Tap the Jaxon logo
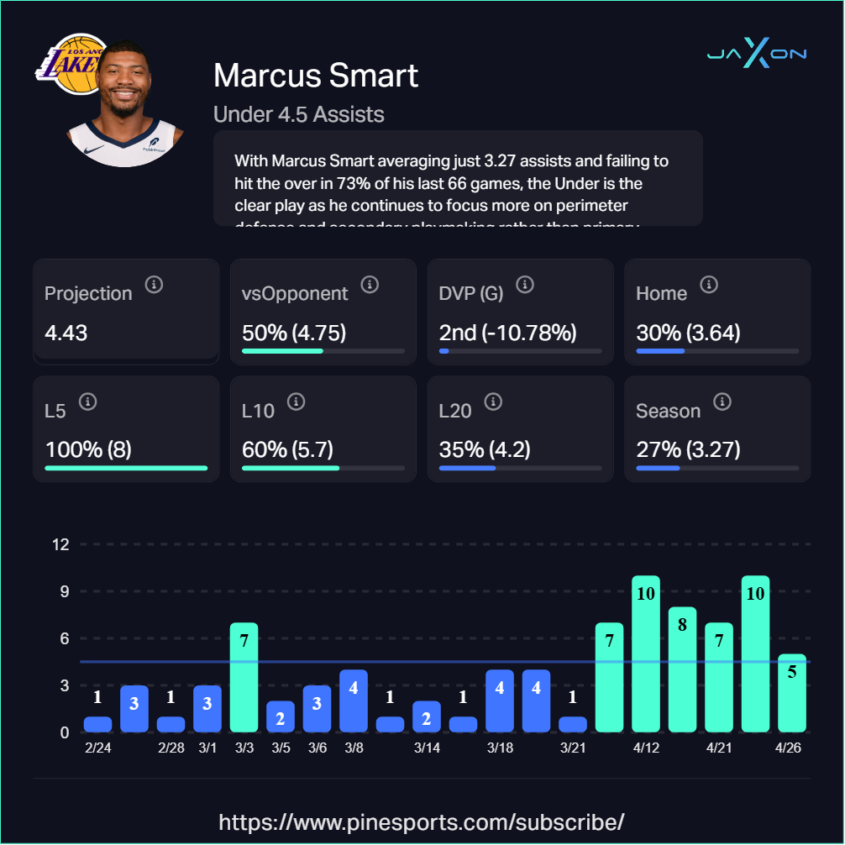point(756,54)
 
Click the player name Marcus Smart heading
point(316,76)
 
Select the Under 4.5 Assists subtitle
point(299,114)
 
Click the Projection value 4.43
point(66,333)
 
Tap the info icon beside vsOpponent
point(370,285)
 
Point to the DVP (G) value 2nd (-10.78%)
point(507,333)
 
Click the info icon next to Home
point(709,285)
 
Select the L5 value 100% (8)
point(88,450)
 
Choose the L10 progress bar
point(323,468)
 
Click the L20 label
point(455,411)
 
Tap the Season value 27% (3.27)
point(688,450)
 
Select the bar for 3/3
point(244,677)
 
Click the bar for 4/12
point(646,653)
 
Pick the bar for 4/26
point(792,693)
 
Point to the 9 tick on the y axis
point(60,591)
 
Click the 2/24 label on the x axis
point(98,748)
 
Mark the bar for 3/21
point(573,724)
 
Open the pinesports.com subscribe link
point(422,821)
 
